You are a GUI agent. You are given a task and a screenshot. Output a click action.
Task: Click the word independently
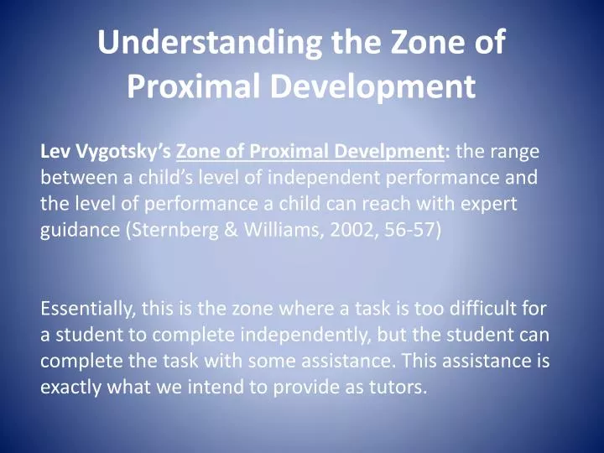pos(305,335)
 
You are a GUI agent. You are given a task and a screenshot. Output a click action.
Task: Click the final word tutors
pos(399,387)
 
